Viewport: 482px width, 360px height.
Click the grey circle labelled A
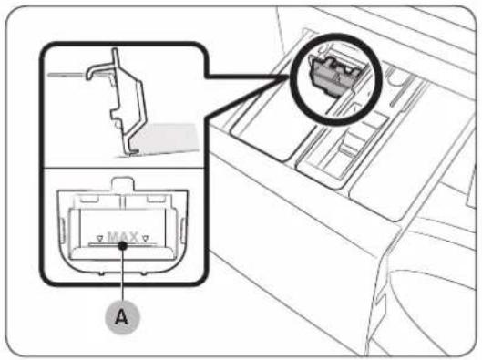pyautogui.click(x=122, y=316)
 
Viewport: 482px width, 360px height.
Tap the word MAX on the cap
pyautogui.click(x=123, y=237)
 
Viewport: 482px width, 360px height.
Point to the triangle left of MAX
pyautogui.click(x=99, y=238)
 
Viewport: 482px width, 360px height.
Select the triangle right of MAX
pyautogui.click(x=146, y=238)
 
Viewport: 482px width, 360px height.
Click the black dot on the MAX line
pyautogui.click(x=123, y=245)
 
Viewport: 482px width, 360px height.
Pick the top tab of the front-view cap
pyautogui.click(x=123, y=183)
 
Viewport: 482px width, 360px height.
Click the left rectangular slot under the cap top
pyautogui.click(x=89, y=199)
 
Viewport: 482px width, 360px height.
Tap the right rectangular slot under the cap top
pyautogui.click(x=156, y=199)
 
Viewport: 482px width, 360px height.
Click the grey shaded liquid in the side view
pyautogui.click(x=166, y=139)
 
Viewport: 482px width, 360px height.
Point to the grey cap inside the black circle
pyautogui.click(x=335, y=75)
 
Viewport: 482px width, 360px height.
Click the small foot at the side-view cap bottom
pyautogui.click(x=134, y=151)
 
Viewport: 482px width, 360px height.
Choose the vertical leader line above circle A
pyautogui.click(x=123, y=274)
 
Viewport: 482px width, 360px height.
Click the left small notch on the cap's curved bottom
pyautogui.click(x=102, y=273)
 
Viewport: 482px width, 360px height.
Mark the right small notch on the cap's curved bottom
pyautogui.click(x=143, y=273)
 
